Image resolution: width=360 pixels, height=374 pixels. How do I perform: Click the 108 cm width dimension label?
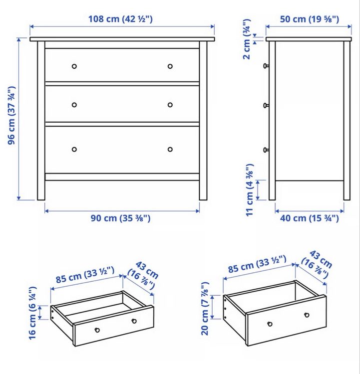[120, 19]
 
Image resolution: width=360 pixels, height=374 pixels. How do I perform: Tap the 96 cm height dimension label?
[11, 115]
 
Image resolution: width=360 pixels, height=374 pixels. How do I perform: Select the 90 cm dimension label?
[120, 218]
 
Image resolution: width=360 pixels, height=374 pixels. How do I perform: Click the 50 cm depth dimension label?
[310, 19]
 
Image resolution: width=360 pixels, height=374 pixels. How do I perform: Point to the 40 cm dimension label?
[310, 218]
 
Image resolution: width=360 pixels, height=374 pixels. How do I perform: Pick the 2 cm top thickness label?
[247, 39]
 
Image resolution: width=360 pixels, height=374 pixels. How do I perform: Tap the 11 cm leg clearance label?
[250, 190]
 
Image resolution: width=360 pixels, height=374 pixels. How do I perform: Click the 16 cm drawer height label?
[32, 313]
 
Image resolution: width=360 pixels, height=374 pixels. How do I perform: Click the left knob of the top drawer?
[74, 66]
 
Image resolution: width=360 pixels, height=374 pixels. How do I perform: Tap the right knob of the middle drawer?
[170, 105]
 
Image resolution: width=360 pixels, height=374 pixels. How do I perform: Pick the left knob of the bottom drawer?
[74, 149]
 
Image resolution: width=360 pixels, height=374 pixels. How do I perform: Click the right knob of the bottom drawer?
[170, 149]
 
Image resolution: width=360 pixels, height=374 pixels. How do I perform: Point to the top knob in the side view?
[266, 66]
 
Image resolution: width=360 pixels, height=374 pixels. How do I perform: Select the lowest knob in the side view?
[266, 150]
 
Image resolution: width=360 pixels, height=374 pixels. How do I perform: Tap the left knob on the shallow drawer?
[97, 330]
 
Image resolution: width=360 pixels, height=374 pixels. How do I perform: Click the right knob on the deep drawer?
[307, 315]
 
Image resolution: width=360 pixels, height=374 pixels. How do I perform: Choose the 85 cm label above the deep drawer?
[257, 264]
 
